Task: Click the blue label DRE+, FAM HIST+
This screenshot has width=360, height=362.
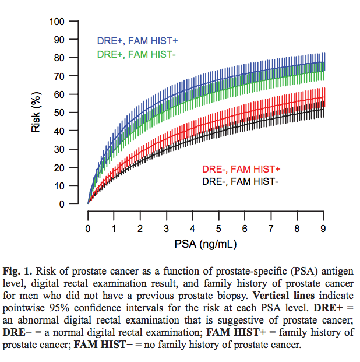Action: [137, 41]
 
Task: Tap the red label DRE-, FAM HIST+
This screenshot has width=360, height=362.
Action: [241, 169]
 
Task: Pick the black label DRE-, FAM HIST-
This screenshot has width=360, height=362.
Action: [241, 181]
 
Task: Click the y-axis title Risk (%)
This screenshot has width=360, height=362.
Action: [36, 113]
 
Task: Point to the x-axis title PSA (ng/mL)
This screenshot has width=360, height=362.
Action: [205, 242]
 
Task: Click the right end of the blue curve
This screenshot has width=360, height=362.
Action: [323, 62]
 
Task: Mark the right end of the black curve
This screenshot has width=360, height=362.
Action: [323, 109]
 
